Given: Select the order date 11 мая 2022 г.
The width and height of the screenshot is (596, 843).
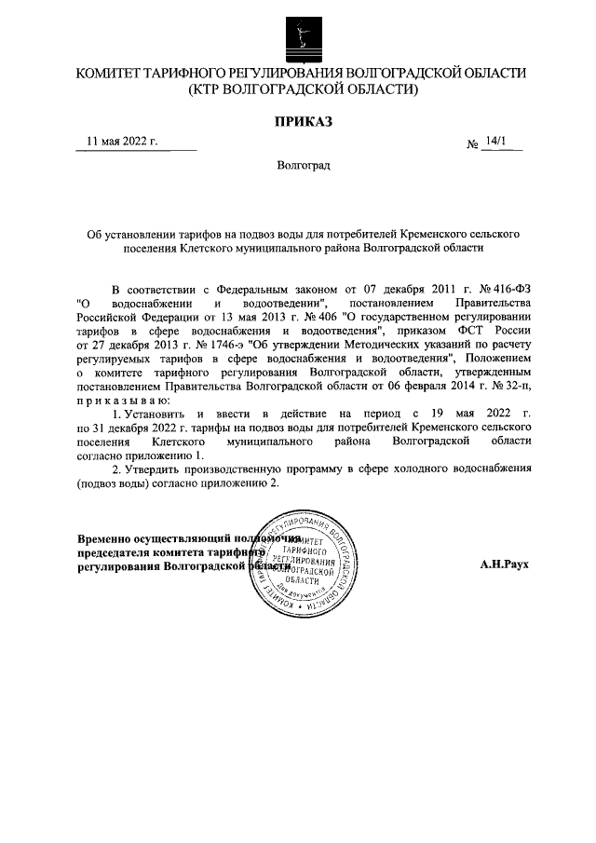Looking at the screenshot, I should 122,142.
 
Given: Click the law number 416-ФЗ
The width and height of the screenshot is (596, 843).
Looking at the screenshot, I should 507,290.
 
